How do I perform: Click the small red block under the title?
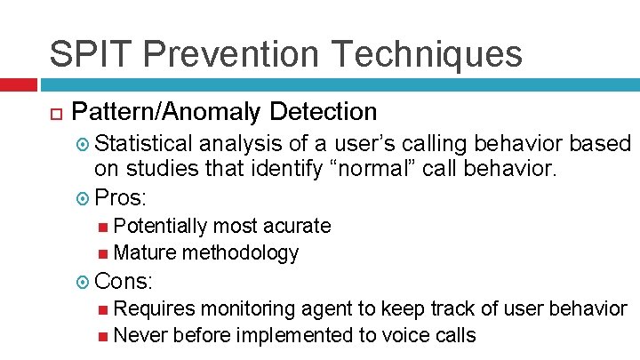[x=18, y=84]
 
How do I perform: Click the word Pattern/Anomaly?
[x=166, y=112]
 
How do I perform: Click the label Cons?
[x=124, y=282]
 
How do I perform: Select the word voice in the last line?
[x=402, y=335]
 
